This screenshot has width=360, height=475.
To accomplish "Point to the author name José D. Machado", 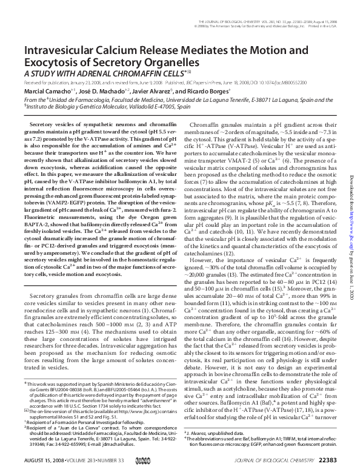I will pos(100,92).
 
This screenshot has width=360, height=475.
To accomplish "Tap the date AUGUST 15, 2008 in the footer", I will pos(45,461).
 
